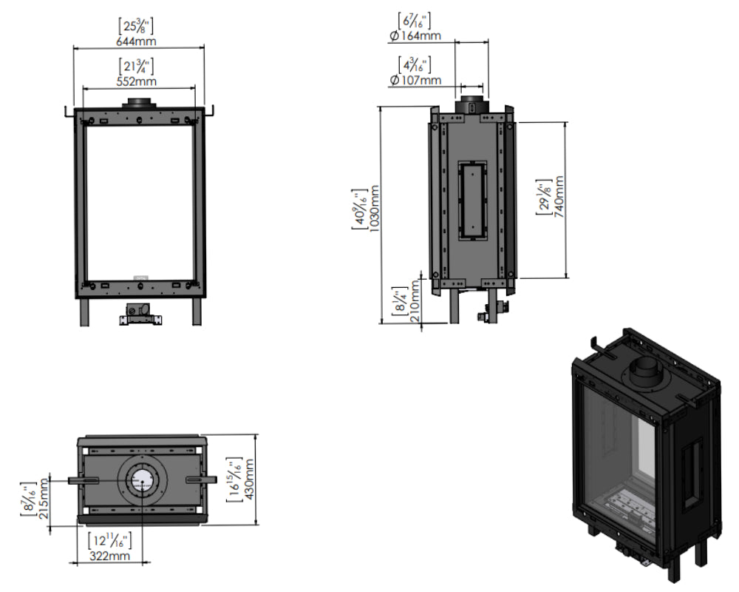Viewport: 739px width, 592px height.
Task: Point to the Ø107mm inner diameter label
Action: click(415, 79)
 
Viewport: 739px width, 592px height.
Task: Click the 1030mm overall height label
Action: click(373, 212)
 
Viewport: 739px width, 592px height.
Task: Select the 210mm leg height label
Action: click(413, 303)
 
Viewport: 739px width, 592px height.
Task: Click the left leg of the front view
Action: click(84, 311)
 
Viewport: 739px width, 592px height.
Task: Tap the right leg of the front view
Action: click(197, 311)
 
